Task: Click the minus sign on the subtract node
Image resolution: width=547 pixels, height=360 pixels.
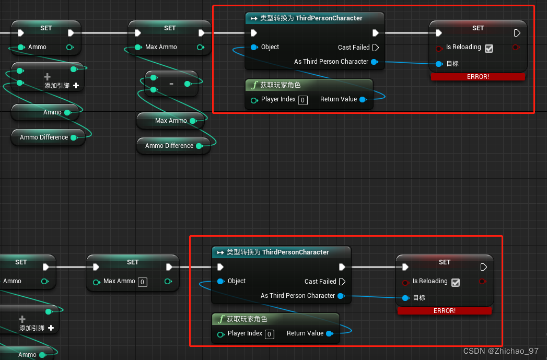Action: [171, 84]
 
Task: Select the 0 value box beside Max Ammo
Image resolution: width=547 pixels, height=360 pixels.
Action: [142, 282]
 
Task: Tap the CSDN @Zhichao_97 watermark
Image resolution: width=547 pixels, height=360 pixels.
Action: [501, 351]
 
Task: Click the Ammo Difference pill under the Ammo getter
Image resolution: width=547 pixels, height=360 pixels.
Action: [48, 137]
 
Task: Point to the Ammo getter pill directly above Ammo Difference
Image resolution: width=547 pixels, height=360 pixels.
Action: [48, 112]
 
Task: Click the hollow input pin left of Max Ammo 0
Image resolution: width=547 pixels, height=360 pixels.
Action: [96, 282]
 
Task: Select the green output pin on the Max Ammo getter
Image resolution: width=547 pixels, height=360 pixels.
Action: [193, 121]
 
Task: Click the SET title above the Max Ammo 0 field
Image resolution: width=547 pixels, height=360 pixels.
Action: [133, 262]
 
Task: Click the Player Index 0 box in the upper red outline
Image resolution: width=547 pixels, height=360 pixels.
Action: [303, 100]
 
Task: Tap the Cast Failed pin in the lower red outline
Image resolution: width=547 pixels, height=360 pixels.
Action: [342, 282]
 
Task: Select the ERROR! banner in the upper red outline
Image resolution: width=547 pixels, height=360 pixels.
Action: [478, 77]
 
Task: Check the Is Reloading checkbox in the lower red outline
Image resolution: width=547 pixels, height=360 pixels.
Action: [456, 282]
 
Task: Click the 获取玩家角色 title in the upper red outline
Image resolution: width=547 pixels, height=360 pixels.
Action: [281, 85]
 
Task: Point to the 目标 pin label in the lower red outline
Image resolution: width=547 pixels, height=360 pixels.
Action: [419, 298]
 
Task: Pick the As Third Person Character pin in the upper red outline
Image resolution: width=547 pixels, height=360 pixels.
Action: [374, 62]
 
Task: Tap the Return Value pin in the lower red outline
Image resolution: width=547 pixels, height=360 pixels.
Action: [329, 333]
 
